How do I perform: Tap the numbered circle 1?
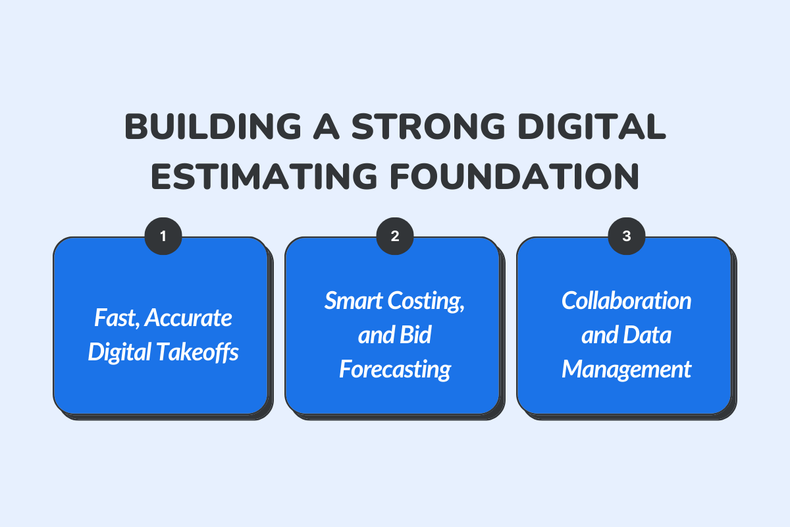pyautogui.click(x=163, y=236)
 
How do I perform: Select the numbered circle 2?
pyautogui.click(x=395, y=236)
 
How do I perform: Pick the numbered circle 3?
pyautogui.click(x=627, y=236)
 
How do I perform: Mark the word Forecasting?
pyautogui.click(x=395, y=370)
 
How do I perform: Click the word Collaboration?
pyautogui.click(x=627, y=301)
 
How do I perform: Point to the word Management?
pyautogui.click(x=627, y=370)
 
